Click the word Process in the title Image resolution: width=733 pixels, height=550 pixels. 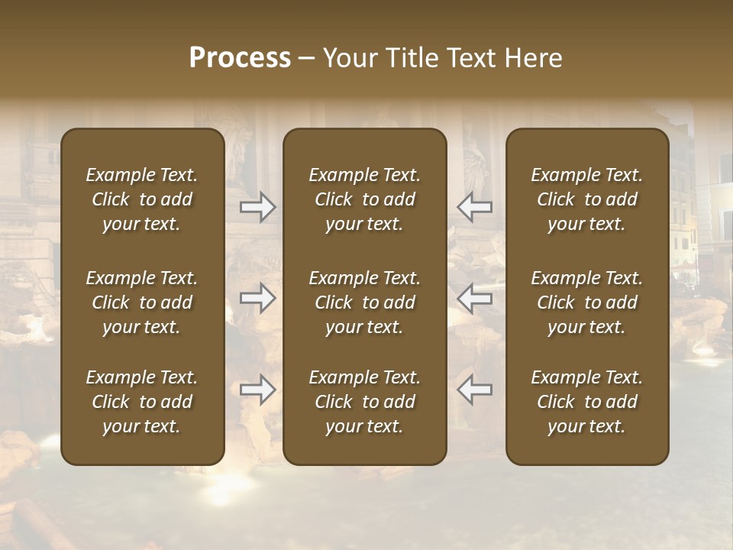click(x=240, y=58)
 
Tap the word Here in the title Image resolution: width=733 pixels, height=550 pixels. click(x=533, y=58)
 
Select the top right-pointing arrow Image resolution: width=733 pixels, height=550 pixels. click(x=258, y=207)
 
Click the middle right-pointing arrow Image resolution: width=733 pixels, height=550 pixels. click(x=258, y=299)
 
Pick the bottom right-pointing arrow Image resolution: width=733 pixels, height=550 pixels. click(x=258, y=390)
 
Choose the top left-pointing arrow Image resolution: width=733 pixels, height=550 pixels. click(x=474, y=207)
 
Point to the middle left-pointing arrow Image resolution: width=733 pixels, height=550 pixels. click(x=474, y=299)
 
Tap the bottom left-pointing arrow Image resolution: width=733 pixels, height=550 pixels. click(x=474, y=390)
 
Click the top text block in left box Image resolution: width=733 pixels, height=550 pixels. click(x=142, y=199)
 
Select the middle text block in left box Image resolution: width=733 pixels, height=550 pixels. click(x=142, y=302)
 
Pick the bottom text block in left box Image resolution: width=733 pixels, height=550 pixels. click(x=142, y=402)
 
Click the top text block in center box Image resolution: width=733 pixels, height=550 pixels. click(x=364, y=199)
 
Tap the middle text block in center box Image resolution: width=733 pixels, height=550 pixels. click(x=364, y=302)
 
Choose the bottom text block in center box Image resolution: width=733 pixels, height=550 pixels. click(x=364, y=402)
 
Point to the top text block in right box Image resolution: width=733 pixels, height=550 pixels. click(x=586, y=199)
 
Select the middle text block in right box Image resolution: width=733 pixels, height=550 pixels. click(x=586, y=302)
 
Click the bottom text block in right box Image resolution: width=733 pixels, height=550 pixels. click(x=586, y=402)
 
